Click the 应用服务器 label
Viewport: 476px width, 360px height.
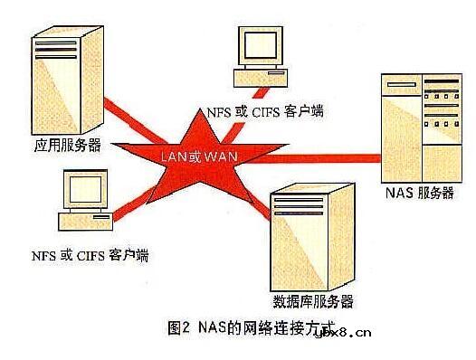68,143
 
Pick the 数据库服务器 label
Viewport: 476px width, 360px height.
311,300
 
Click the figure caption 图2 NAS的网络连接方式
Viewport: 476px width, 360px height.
243,327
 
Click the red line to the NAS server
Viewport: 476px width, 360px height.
317,162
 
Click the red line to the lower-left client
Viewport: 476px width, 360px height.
136,204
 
